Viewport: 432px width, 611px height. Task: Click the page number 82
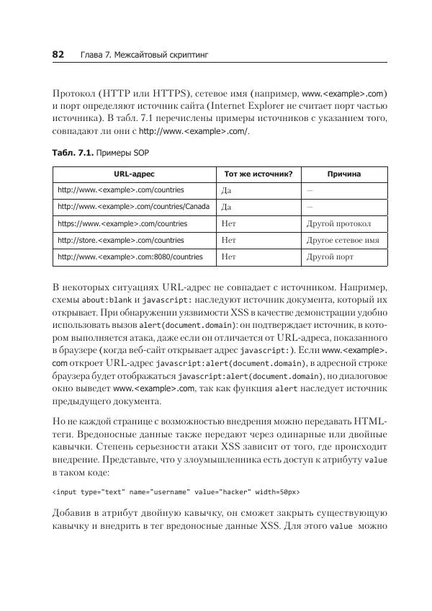coord(58,55)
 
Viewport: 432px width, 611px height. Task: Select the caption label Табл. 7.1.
coord(71,154)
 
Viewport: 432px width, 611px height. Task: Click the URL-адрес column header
coord(134,174)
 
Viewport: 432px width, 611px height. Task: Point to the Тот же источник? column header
coord(258,174)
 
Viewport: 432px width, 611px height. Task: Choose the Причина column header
coord(343,174)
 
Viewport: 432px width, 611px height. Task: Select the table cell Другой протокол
coord(338,223)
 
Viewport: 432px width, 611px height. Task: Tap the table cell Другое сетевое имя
coord(343,240)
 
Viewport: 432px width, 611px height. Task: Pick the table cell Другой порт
coord(330,257)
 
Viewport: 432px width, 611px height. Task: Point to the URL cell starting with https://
coord(122,223)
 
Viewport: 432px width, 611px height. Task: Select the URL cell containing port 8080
coord(130,257)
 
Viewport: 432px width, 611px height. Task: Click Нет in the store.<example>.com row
coord(229,240)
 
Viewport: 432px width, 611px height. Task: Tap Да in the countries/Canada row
coord(227,207)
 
